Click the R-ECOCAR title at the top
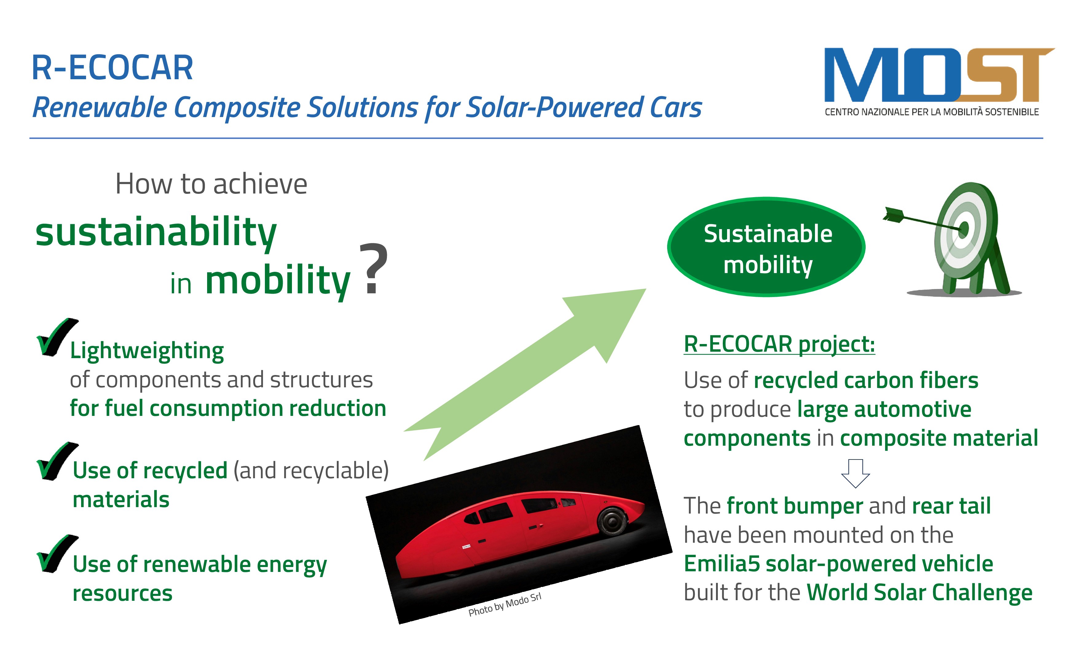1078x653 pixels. [x=112, y=68]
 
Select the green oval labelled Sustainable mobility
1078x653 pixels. [x=766, y=247]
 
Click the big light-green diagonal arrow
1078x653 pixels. [x=525, y=374]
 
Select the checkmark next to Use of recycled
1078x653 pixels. [x=57, y=461]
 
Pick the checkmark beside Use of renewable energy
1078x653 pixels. [x=57, y=554]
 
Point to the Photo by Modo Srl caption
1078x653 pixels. [x=505, y=604]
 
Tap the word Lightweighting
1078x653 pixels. [x=147, y=351]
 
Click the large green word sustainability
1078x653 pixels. [x=156, y=232]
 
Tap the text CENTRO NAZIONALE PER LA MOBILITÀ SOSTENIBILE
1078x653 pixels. [x=932, y=112]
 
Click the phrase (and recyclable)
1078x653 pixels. [x=311, y=471]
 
